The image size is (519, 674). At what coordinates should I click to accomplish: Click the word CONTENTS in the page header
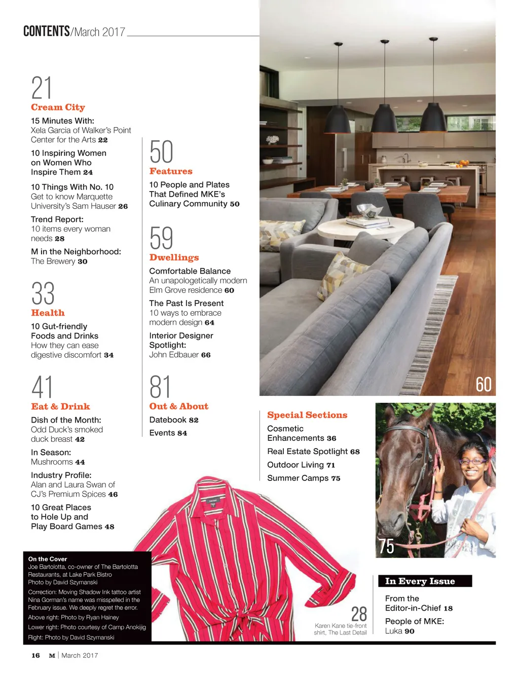47,31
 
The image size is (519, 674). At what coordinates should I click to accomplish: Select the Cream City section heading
58,107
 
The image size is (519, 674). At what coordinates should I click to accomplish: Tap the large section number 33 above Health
43,293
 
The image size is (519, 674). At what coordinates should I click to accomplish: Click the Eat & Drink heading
60,406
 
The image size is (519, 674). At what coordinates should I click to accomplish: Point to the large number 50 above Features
161,152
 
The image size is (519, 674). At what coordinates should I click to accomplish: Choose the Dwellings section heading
174,257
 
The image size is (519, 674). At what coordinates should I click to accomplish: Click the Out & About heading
178,406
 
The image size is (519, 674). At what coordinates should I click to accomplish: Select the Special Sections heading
307,415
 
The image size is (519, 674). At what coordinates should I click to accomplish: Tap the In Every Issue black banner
425,581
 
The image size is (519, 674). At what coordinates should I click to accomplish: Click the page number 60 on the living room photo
484,385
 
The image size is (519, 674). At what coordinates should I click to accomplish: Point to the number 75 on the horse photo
386,546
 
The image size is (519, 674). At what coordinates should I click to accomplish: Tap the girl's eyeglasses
473,461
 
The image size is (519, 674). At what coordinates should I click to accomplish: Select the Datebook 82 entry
174,420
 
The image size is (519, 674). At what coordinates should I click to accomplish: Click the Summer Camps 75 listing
304,478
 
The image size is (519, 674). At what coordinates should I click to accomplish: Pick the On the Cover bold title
48,559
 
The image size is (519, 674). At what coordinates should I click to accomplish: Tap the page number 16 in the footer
35,655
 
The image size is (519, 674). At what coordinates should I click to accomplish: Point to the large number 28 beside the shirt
359,614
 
